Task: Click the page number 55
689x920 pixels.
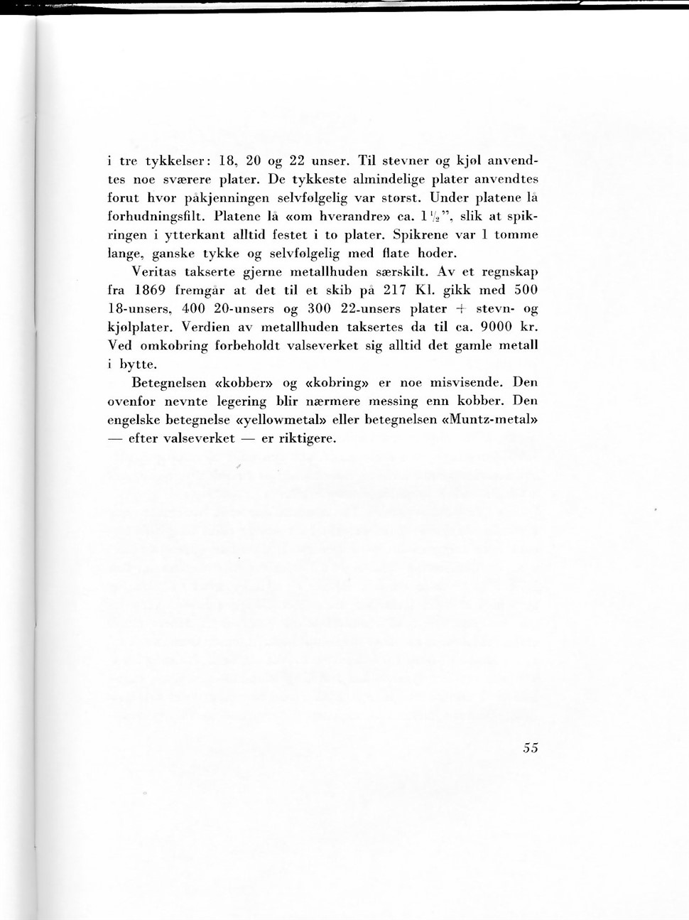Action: pyautogui.click(x=530, y=747)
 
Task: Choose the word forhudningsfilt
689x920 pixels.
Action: pyautogui.click(x=156, y=216)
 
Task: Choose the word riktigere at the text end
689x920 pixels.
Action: pyautogui.click(x=307, y=438)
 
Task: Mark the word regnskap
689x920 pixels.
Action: pyautogui.click(x=508, y=272)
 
